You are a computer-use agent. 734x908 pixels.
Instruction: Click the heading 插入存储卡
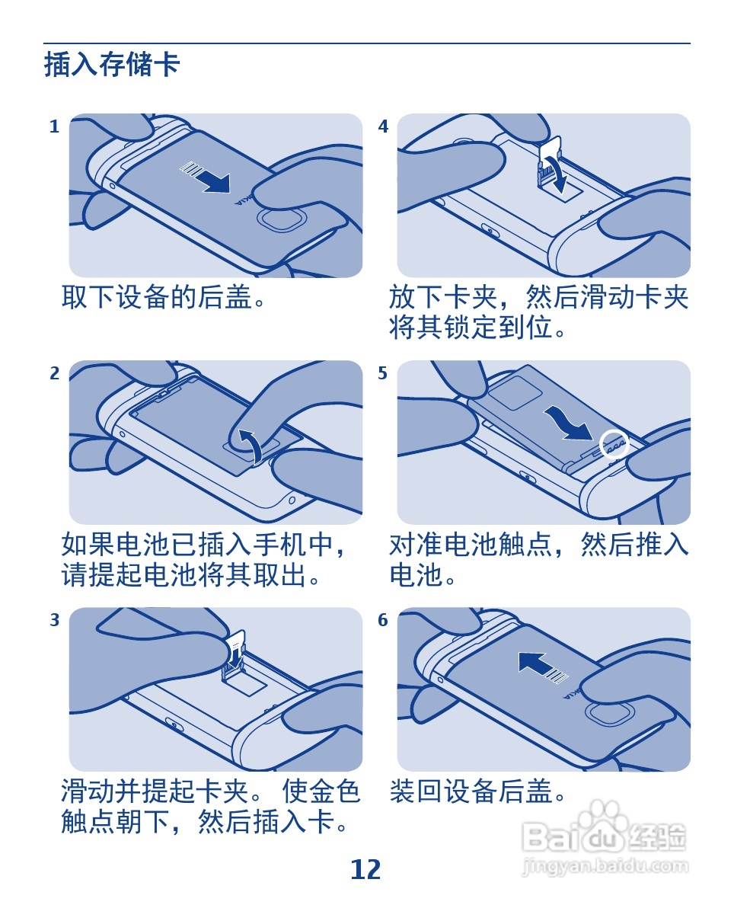click(112, 64)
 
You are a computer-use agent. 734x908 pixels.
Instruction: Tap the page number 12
click(365, 869)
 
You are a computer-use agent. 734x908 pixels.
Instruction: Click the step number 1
click(54, 126)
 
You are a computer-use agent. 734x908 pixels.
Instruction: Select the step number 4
click(383, 126)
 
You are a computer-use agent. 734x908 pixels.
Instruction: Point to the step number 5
click(383, 373)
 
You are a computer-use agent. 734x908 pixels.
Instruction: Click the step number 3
click(54, 619)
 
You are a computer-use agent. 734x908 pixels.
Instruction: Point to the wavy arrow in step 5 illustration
click(568, 423)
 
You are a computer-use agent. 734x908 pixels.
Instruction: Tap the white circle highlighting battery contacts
click(614, 443)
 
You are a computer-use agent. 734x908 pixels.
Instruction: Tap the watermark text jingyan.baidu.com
click(605, 867)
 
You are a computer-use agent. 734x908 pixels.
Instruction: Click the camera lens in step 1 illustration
click(281, 222)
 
